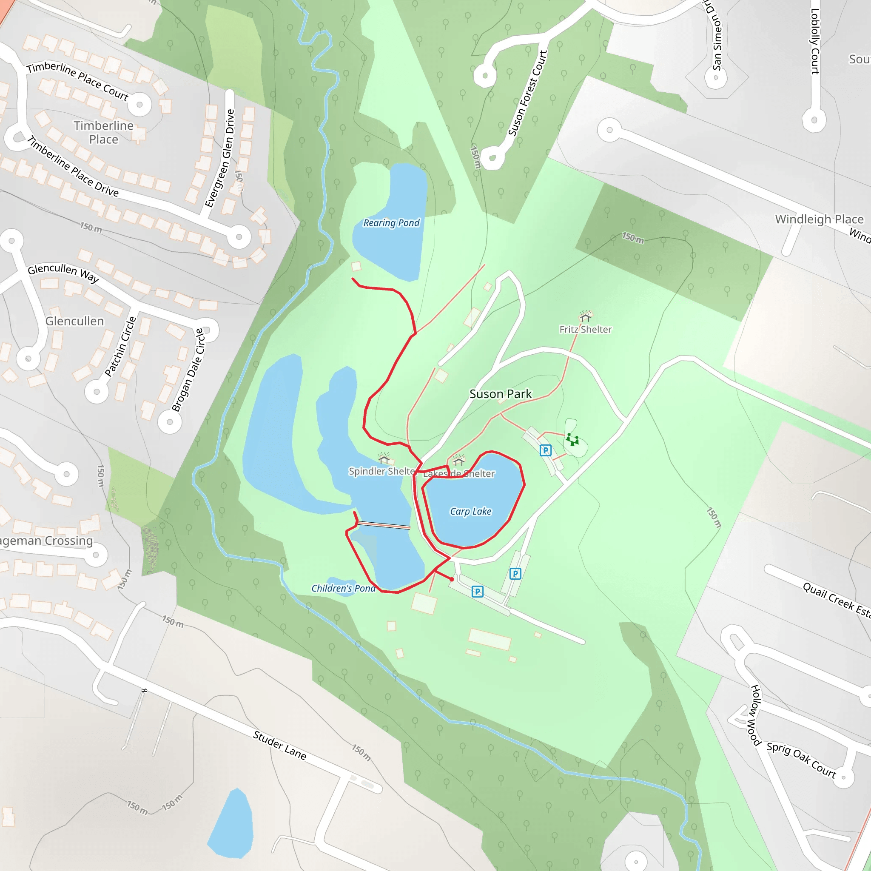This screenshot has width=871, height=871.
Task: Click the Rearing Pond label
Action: (x=391, y=223)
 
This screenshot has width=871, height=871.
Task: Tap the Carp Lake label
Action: (x=470, y=511)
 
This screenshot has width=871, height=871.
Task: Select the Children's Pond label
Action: (x=343, y=588)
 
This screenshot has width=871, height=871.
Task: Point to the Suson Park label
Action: (x=501, y=393)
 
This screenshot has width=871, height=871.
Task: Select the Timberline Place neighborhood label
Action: (x=104, y=132)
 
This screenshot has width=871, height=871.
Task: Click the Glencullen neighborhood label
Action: (x=74, y=321)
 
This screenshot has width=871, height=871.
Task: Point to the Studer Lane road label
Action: (x=279, y=745)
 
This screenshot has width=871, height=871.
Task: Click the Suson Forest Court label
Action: (x=527, y=93)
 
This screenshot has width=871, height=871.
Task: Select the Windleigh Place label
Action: (x=819, y=219)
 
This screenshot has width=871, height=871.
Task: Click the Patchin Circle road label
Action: (x=120, y=346)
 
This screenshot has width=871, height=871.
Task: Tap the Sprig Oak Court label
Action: (x=801, y=760)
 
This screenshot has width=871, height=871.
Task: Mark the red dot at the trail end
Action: (x=452, y=579)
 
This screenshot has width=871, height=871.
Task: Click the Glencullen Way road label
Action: (x=63, y=272)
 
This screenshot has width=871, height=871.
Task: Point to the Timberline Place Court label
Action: (x=77, y=80)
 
